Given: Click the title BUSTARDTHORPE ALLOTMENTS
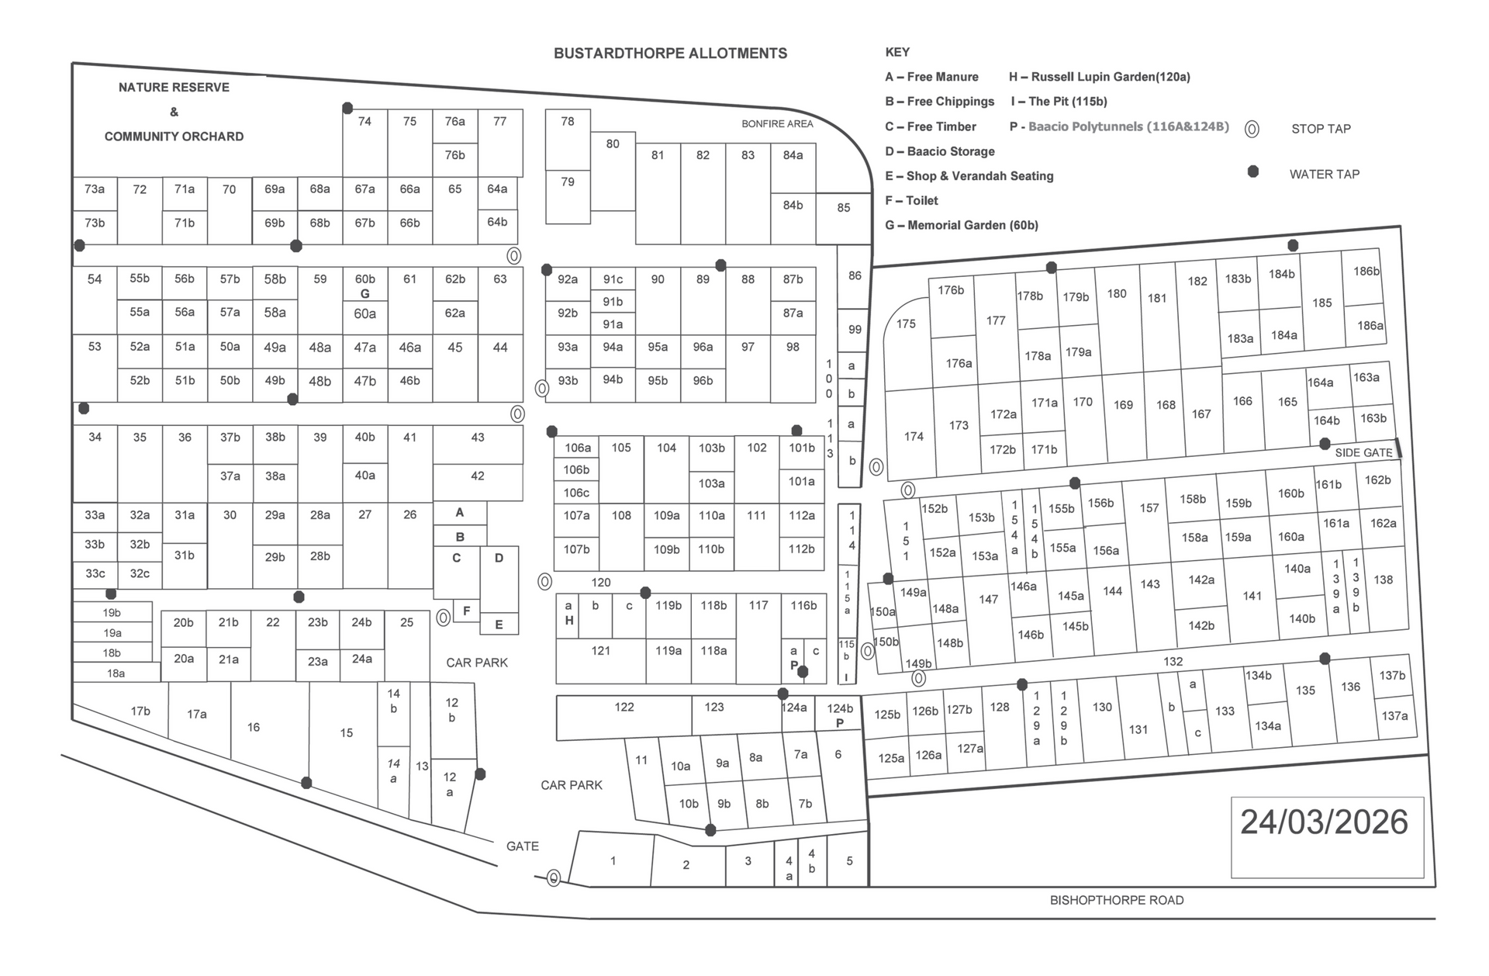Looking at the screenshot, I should point(670,54).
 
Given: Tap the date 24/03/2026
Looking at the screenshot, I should point(1324,822).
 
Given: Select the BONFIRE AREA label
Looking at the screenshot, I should point(777,124).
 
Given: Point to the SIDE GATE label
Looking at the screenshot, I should point(1363,452).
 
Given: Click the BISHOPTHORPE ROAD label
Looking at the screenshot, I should point(1116,900).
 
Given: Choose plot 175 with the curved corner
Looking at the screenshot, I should point(906,324).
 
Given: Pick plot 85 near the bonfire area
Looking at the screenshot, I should point(844,208).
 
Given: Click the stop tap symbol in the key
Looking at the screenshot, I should point(1252,130).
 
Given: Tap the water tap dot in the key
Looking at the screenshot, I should point(1252,171).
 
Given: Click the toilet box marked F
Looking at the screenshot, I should point(466,611).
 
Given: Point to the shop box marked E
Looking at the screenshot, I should point(499,625).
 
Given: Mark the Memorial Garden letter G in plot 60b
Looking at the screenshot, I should point(364,294).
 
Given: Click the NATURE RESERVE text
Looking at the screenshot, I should point(174,88).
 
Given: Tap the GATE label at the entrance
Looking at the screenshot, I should point(522,846).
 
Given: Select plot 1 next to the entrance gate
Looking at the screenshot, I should point(613,860).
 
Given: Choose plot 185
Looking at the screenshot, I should point(1322,303).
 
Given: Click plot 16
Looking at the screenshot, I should point(254,728).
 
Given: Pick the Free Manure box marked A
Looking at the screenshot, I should point(460,513).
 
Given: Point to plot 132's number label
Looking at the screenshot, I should point(1173,662).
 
